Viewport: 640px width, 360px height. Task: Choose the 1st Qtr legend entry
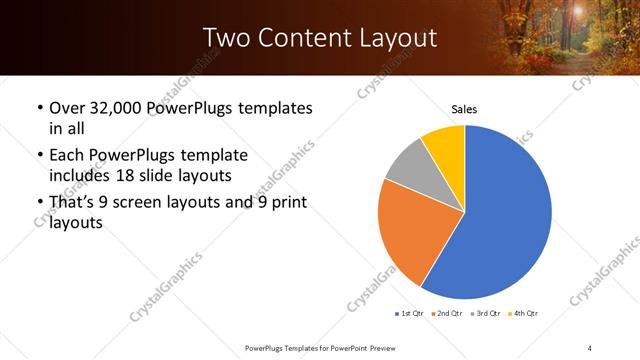pos(410,314)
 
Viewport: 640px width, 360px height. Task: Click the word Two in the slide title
pos(223,39)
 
